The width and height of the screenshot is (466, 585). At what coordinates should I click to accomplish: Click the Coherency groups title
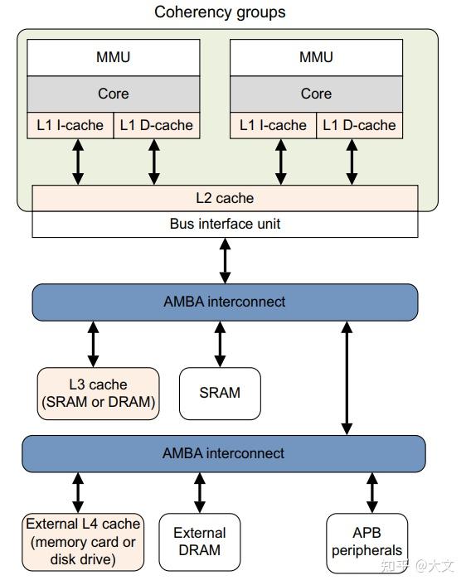coord(220,12)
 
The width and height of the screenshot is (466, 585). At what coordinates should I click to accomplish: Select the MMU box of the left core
coord(113,57)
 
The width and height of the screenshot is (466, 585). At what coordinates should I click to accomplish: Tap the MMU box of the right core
coord(315,57)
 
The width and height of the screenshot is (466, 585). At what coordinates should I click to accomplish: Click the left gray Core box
coord(113,94)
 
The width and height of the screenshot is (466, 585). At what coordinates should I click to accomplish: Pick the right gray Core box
coord(315,94)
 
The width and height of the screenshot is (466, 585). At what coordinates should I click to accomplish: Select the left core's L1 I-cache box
coord(70,126)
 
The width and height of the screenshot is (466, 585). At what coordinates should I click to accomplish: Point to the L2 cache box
coord(225,198)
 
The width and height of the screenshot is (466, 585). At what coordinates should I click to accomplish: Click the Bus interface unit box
coord(225,224)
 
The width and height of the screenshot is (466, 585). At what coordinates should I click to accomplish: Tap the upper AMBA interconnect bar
coord(225,302)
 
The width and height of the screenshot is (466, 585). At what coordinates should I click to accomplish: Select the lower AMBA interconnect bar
coord(223,453)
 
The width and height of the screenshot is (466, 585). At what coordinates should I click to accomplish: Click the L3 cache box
coord(97,394)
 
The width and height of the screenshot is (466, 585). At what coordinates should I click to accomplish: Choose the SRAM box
coord(220,393)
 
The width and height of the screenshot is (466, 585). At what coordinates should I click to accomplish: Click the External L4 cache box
coord(82,542)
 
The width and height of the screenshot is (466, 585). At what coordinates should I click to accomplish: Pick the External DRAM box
coord(200,542)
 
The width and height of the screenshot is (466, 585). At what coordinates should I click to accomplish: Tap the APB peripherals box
coord(366,542)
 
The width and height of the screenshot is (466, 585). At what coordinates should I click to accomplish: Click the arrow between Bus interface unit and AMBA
coord(225,260)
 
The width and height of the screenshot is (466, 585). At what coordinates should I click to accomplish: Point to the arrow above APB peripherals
coord(371,492)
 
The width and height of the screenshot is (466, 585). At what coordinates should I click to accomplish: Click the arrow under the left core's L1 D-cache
coord(153,162)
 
